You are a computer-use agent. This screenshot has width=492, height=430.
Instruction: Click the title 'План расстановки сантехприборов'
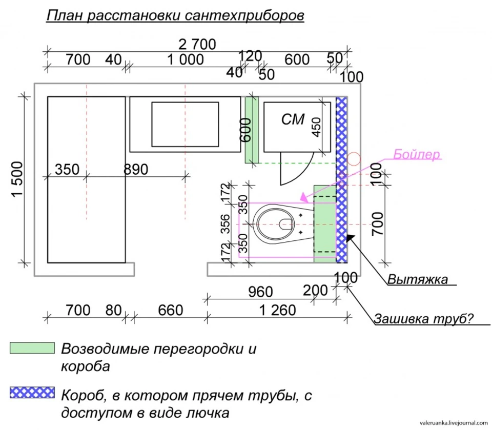(x=175, y=15)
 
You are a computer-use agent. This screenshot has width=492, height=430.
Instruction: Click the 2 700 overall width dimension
(x=197, y=44)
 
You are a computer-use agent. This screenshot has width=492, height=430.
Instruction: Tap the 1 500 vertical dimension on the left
(x=17, y=179)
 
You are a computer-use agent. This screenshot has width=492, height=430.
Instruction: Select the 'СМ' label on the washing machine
(x=293, y=119)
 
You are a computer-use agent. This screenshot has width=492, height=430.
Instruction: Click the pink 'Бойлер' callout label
(x=416, y=154)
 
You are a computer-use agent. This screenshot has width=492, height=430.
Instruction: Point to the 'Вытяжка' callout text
(x=418, y=279)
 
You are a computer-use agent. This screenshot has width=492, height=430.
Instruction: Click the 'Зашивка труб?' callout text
(x=424, y=318)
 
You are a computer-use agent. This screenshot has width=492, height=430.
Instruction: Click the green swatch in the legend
(x=32, y=348)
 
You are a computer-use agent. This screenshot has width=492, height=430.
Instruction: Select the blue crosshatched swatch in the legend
(x=32, y=393)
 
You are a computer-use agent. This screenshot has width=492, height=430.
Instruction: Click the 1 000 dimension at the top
(x=186, y=59)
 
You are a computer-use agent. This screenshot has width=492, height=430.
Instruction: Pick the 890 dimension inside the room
(x=135, y=170)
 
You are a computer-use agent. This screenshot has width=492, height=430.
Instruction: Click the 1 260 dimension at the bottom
(x=278, y=311)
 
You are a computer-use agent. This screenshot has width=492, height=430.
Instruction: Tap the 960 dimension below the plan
(x=260, y=292)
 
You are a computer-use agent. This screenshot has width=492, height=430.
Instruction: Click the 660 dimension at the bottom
(x=170, y=311)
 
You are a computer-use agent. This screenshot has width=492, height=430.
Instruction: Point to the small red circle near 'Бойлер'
(x=354, y=159)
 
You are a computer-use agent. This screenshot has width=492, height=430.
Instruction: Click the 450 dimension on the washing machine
(x=317, y=127)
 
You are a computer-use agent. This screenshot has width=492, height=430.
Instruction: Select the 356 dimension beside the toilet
(x=225, y=223)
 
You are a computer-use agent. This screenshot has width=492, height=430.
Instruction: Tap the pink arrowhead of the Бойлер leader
(x=303, y=197)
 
